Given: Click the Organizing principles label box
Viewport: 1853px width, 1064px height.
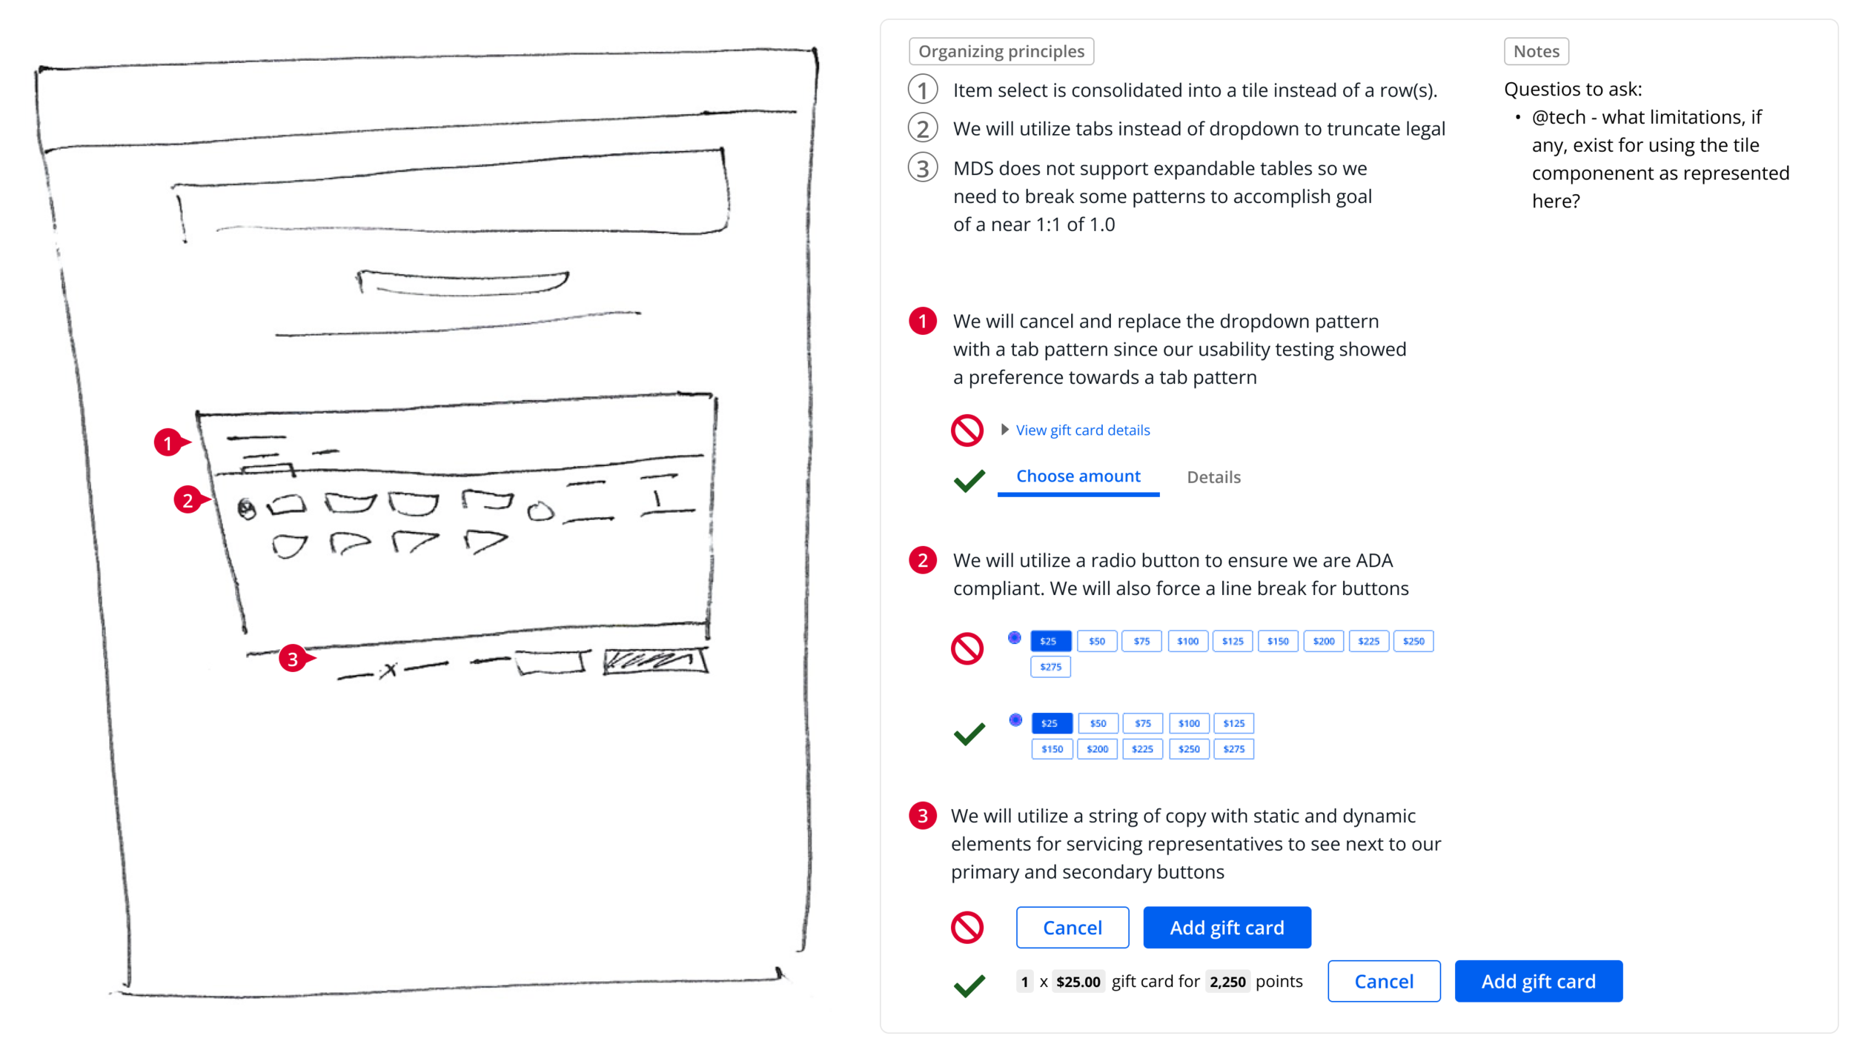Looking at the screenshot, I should pos(1001,51).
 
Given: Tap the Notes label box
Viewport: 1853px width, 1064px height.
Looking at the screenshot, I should pos(1536,51).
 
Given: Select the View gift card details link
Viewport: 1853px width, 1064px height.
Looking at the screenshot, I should pos(1082,430).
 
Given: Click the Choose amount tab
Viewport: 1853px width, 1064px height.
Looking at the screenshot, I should pos(1078,476).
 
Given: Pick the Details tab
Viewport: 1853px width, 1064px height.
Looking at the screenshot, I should pos(1213,477).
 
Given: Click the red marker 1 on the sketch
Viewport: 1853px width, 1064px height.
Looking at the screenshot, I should pos(168,443).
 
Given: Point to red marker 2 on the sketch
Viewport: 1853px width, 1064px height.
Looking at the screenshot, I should pos(188,500).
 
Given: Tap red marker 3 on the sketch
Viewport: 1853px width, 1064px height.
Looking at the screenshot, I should pos(293,659).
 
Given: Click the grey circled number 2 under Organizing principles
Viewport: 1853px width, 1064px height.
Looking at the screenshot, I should pos(922,129).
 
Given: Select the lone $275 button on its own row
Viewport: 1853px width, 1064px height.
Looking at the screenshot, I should pos(1050,667).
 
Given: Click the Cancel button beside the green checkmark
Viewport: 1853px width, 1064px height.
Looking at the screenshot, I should pos(1383,981).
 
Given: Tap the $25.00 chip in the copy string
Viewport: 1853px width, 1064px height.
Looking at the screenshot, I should pos(1078,982).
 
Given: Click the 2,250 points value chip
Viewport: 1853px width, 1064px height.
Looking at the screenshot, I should pos(1227,982).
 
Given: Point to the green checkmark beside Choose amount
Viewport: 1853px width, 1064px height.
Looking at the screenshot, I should pos(969,481).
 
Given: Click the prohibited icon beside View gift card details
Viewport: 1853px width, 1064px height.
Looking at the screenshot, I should pos(967,430).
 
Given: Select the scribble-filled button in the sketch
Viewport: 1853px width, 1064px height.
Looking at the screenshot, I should pos(654,661).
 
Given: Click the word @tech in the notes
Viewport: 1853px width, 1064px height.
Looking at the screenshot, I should pos(1558,117).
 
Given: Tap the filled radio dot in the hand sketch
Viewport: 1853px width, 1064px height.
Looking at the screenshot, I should pos(246,509).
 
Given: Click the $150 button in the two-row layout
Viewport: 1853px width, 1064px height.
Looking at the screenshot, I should pos(1052,749).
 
